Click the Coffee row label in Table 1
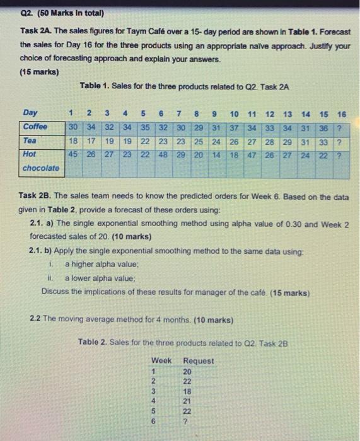click(35, 126)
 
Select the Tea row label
click(29, 140)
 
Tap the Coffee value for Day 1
click(73, 126)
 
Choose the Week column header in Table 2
click(161, 360)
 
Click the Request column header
click(198, 360)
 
